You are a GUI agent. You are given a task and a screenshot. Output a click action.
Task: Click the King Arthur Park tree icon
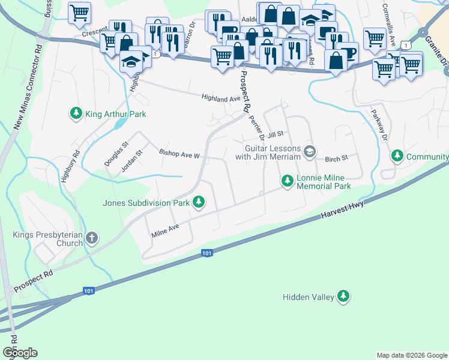coord(76,113)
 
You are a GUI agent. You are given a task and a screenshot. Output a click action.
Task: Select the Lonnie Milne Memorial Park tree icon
coord(288,181)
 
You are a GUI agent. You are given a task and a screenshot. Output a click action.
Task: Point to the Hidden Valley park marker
coord(343,296)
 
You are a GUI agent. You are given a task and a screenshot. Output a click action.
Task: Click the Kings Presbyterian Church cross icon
coord(92,238)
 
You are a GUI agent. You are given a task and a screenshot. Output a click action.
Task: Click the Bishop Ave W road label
coord(179,155)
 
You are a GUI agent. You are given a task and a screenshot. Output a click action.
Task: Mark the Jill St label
coord(276,136)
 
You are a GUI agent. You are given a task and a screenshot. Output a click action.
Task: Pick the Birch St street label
coord(336,159)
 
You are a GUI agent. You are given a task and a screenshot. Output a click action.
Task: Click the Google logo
coord(20,353)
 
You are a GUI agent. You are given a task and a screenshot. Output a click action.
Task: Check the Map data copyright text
coord(411,355)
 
